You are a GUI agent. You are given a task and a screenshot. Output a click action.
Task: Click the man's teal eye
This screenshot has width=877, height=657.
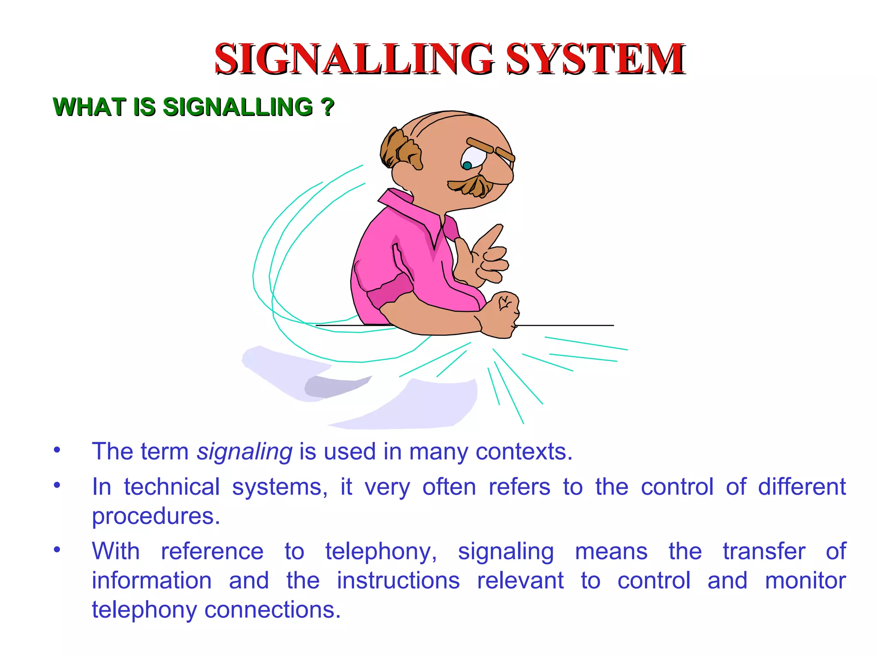[x=467, y=165]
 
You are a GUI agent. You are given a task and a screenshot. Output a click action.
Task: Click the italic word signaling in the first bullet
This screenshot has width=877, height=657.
[x=245, y=452]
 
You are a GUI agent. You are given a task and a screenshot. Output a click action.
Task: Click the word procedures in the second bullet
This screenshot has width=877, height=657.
[x=155, y=516]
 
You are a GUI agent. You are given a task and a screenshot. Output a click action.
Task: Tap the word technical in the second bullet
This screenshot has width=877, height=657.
[x=172, y=487]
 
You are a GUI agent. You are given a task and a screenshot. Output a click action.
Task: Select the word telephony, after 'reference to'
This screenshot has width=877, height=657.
[x=381, y=551]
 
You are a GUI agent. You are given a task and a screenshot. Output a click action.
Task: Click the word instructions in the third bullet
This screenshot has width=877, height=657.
[x=398, y=581]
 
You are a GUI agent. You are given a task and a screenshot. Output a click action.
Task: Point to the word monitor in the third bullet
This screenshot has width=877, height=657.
[x=805, y=581]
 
